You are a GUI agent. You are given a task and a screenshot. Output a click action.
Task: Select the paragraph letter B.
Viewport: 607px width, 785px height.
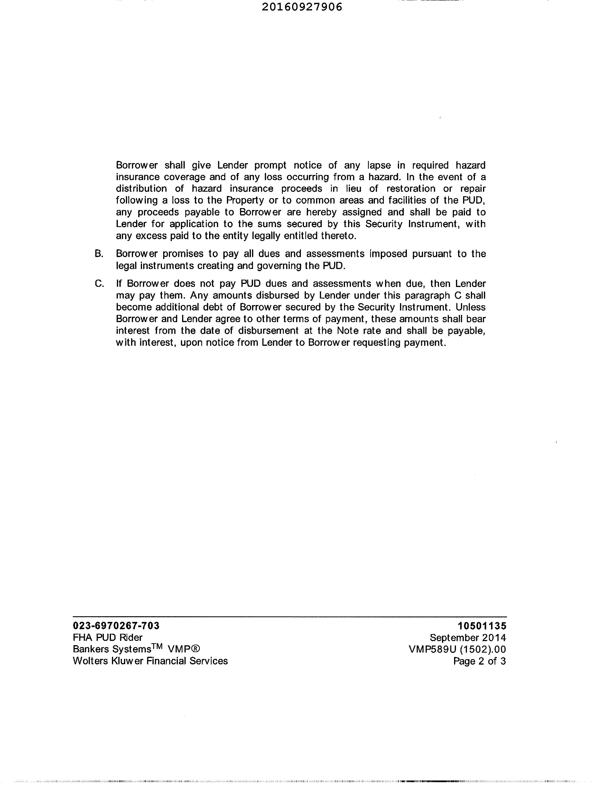pyautogui.click(x=99, y=254)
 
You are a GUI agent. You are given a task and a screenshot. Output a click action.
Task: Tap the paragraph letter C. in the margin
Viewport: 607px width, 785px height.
pyautogui.click(x=99, y=284)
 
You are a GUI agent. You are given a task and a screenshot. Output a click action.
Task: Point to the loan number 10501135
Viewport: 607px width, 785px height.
pyautogui.click(x=482, y=626)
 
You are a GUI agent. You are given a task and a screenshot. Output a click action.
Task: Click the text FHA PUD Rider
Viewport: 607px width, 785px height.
pyautogui.click(x=107, y=638)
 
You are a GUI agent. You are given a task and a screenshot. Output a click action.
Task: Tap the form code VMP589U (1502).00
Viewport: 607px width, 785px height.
pyautogui.click(x=457, y=649)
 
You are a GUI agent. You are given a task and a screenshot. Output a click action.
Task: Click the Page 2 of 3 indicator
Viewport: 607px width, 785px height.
pyautogui.click(x=479, y=661)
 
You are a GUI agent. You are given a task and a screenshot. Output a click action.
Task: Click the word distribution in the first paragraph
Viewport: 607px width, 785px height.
pyautogui.click(x=141, y=189)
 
